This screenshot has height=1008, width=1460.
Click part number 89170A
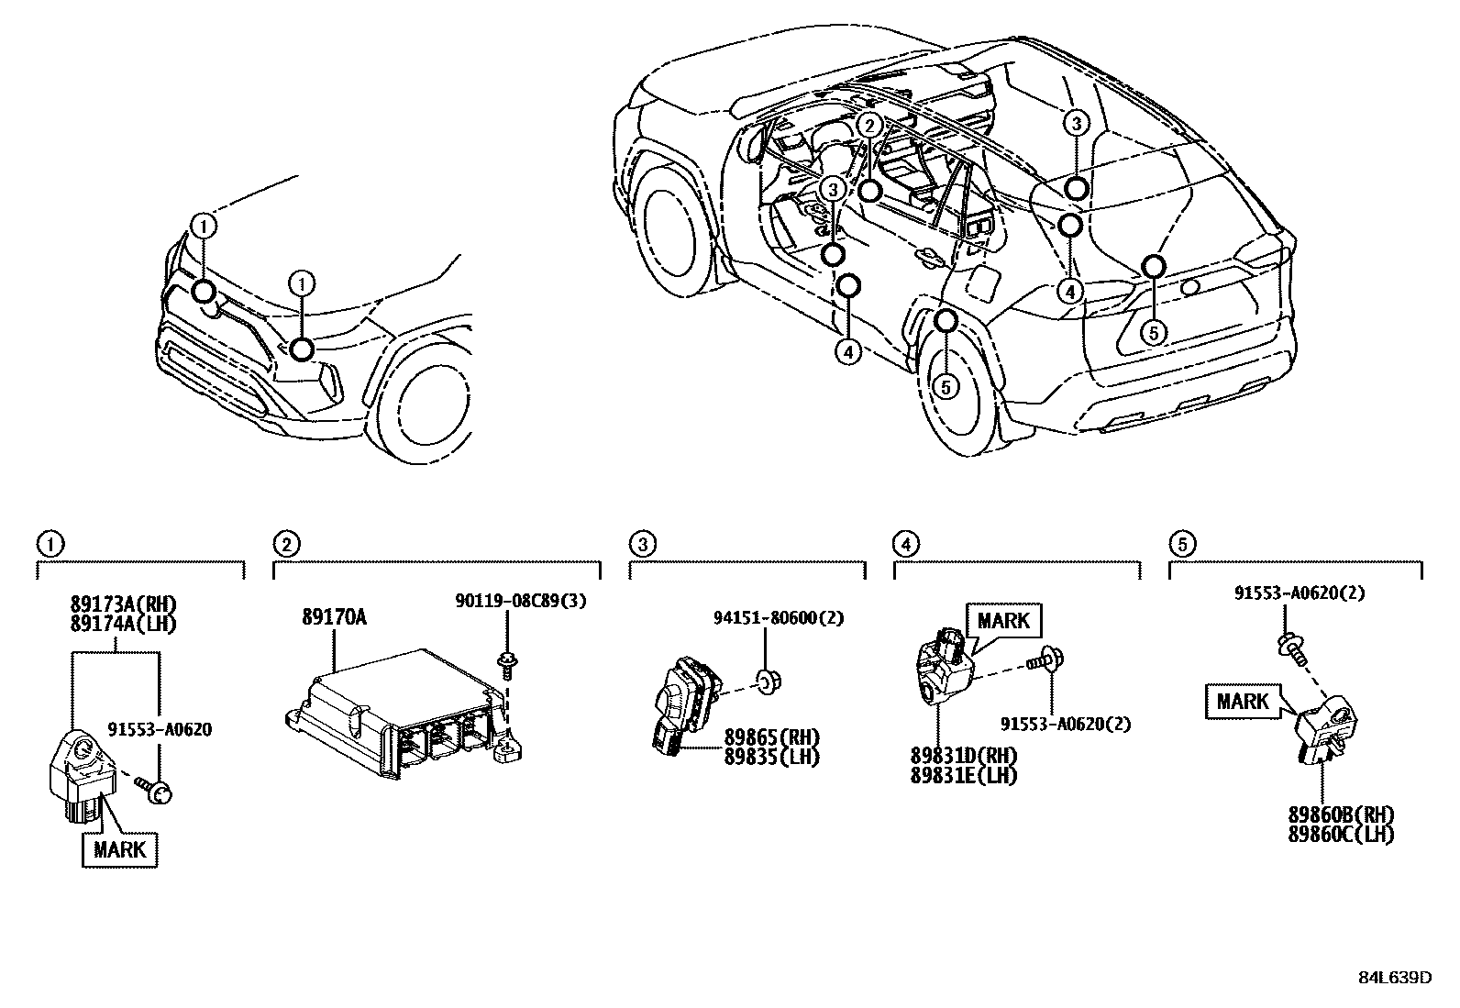(334, 617)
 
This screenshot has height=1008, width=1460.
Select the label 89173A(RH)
(123, 604)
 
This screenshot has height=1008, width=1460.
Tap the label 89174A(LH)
(123, 624)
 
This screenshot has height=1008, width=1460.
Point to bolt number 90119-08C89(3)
(520, 601)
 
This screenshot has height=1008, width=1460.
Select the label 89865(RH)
(771, 737)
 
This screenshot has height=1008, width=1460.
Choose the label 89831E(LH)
(964, 775)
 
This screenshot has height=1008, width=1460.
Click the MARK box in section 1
(120, 848)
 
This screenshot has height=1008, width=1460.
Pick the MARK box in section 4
(1003, 621)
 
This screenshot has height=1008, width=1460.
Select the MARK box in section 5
(1242, 702)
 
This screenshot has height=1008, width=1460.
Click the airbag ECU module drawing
(404, 715)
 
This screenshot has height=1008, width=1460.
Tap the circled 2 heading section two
(286, 545)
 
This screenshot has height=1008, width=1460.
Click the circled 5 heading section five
(1182, 545)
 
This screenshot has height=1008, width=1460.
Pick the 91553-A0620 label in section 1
(160, 730)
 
